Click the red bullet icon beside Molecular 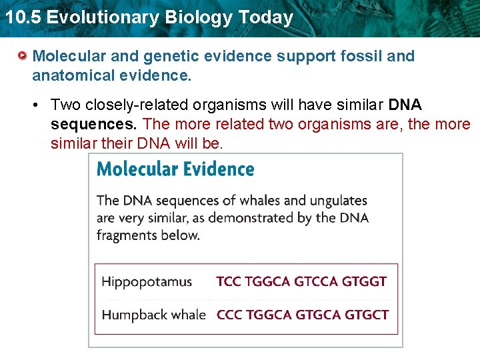(x=23, y=56)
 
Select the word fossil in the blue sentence (x=364, y=56)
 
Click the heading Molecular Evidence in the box (x=175, y=169)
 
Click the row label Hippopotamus (x=147, y=281)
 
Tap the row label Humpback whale (x=153, y=315)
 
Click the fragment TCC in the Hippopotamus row (x=229, y=281)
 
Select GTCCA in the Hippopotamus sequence (x=316, y=281)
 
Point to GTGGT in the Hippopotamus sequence (x=364, y=281)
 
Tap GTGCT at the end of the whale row (x=365, y=315)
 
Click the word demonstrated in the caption (x=264, y=217)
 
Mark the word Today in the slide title (x=267, y=17)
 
